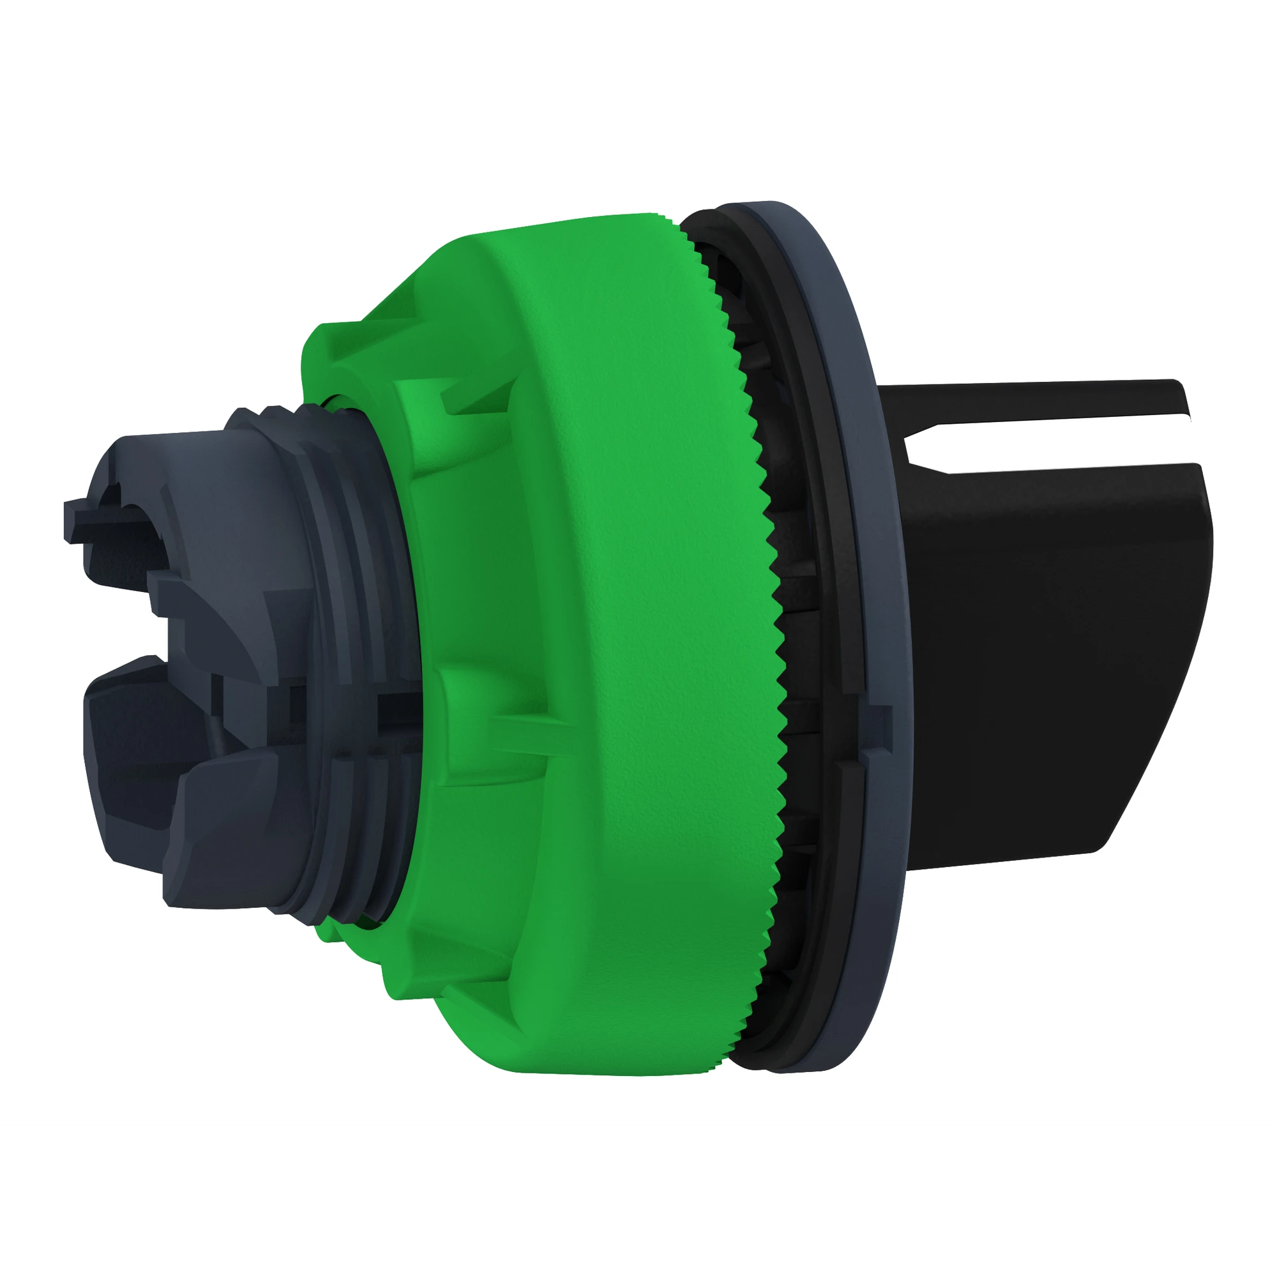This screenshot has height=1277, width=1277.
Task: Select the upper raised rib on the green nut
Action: click(456, 403)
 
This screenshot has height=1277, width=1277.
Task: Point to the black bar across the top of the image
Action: click(638, 73)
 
